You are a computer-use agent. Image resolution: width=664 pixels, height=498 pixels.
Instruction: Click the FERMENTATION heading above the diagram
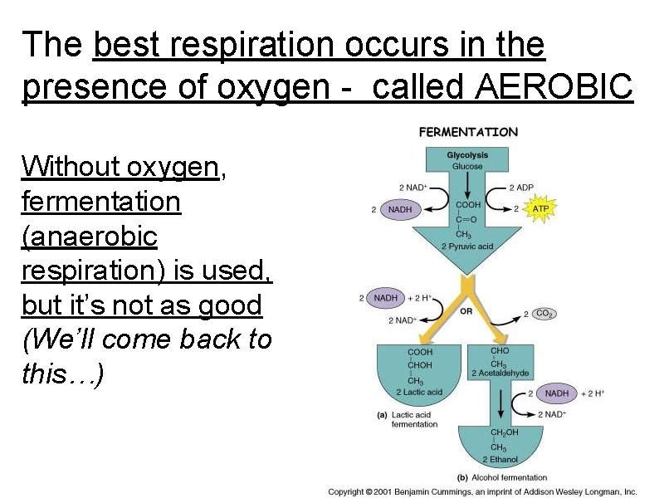point(468,132)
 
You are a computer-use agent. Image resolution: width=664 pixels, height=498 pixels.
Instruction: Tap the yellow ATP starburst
point(540,208)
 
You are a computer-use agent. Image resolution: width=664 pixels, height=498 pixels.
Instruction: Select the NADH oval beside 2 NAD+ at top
point(400,210)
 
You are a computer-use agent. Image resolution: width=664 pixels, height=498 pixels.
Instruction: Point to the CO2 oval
point(544,314)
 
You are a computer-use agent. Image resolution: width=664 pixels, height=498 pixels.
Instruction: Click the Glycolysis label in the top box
point(467,155)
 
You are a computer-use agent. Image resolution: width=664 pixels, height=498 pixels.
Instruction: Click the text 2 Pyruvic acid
point(467,247)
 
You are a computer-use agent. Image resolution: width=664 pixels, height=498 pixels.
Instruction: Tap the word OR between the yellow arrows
point(466,311)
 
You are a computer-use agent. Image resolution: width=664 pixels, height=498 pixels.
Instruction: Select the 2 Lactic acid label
point(420,392)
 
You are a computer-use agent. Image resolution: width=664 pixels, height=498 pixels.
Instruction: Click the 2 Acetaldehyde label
point(500,373)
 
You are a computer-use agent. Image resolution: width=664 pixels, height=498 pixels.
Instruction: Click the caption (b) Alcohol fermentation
point(503,477)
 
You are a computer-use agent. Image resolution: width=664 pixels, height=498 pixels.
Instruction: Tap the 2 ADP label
point(522,188)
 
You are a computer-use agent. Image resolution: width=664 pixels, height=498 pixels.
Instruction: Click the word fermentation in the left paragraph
point(101,202)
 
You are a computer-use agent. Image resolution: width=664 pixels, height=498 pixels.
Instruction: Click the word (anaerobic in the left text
point(90,237)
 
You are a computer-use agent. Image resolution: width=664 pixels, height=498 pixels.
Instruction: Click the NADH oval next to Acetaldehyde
point(557,393)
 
